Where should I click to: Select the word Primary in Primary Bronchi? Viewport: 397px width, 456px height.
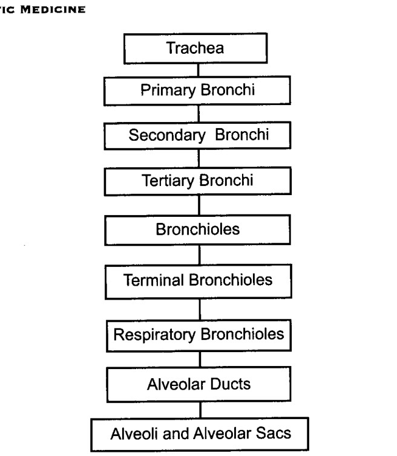coord(168,90)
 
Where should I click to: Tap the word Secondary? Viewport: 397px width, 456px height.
coord(167,135)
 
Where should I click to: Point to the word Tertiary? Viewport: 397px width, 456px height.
coord(168,181)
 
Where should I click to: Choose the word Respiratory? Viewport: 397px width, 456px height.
coord(154,335)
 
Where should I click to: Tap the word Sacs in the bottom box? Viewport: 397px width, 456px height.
coord(274,433)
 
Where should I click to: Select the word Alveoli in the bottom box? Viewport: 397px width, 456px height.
coord(135,434)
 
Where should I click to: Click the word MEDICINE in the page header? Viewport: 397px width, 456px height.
coord(53,10)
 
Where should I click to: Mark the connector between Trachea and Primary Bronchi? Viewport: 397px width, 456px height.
coord(198,70)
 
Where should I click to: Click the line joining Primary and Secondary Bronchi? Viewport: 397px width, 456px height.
coord(198,114)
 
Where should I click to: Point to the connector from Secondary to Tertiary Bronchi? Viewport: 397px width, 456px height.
coord(198,158)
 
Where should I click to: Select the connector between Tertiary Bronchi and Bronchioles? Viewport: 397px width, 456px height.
coord(199,205)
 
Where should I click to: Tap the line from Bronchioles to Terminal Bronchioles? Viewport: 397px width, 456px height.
coord(199,255)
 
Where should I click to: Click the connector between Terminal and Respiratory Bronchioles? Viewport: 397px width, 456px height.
coord(200,309)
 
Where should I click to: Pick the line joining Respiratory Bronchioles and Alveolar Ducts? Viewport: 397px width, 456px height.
coord(200,359)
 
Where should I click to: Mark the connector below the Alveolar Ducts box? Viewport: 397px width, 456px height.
coord(200,410)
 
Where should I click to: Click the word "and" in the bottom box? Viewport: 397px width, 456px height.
coord(176,434)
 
